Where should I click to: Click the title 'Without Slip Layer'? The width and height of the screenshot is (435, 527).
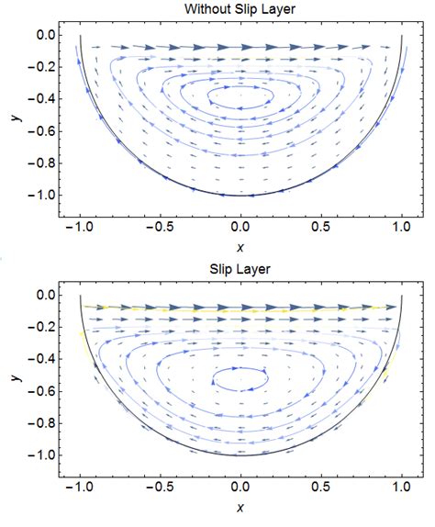pos(240,10)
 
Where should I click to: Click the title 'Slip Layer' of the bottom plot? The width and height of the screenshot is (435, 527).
pos(240,272)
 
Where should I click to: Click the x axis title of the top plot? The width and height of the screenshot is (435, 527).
pos(240,245)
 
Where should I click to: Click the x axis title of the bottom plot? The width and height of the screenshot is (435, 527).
pos(240,508)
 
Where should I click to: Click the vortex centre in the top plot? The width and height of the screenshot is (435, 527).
pos(240,95)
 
